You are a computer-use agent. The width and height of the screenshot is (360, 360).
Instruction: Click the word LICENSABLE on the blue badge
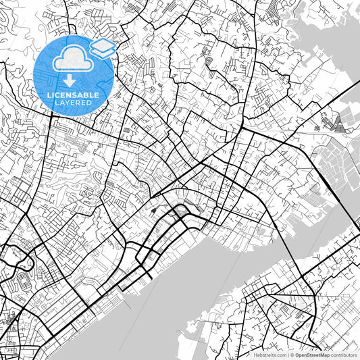[74, 94]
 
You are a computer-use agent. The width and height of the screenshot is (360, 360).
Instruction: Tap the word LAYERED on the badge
[74, 103]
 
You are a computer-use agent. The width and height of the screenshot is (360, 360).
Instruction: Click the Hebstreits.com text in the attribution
[269, 355]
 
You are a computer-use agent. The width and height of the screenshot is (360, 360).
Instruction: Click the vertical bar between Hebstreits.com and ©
[286, 355]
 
